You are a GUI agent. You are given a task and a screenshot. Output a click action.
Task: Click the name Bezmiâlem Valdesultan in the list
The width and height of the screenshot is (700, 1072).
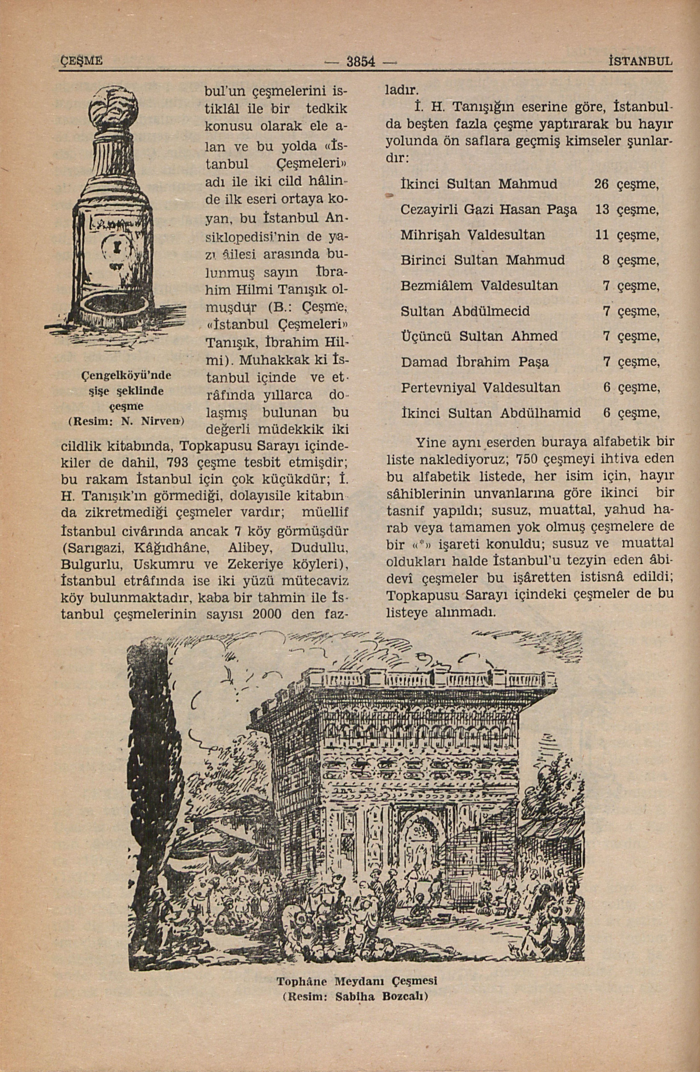479,286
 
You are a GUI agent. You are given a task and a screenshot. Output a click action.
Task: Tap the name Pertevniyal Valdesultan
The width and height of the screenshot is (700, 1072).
481,387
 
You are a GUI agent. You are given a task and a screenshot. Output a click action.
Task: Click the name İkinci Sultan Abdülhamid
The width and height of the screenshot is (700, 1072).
490,413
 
